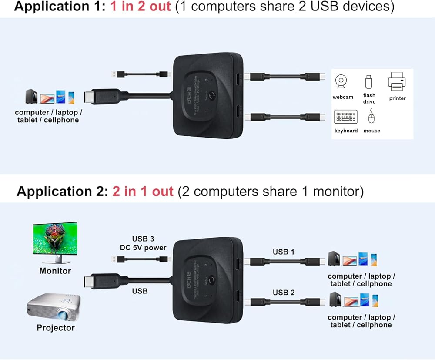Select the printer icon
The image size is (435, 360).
[397, 82]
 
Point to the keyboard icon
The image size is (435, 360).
[345, 117]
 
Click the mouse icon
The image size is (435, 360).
[371, 116]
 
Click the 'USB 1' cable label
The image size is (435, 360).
[284, 252]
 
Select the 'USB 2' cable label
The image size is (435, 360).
[284, 292]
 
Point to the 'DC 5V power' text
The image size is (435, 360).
[143, 248]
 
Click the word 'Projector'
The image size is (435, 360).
[56, 328]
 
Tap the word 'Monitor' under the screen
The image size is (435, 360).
[55, 271]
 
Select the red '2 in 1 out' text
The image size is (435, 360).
[143, 192]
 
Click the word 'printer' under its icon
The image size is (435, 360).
[397, 98]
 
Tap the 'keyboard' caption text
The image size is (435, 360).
[346, 131]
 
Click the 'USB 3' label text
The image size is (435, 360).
[143, 239]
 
